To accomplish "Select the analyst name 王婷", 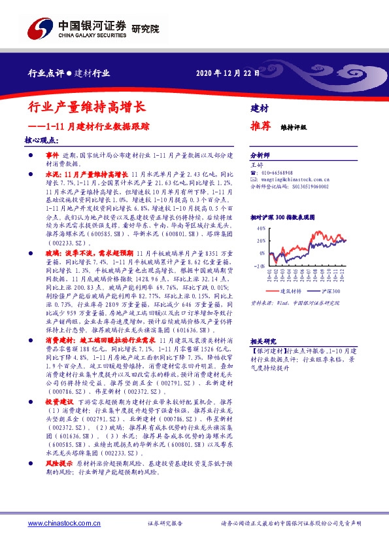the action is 257,165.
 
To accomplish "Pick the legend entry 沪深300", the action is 330,291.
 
